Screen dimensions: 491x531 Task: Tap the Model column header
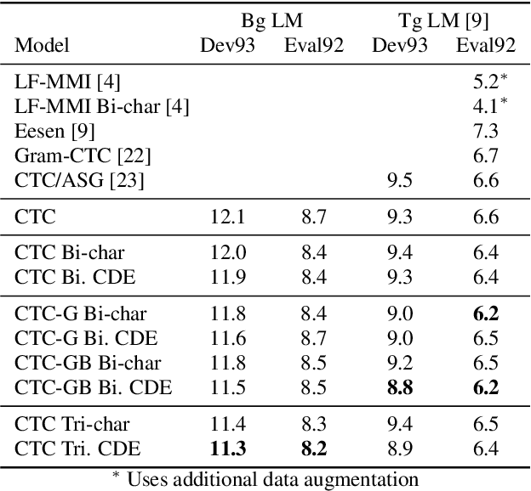pyautogui.click(x=43, y=45)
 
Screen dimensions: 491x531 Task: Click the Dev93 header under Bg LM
pyautogui.click(x=227, y=45)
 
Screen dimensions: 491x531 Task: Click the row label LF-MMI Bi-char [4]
pyautogui.click(x=101, y=106)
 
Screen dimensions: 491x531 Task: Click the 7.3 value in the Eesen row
pyautogui.click(x=485, y=131)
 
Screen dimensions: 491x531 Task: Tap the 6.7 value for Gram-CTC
pyautogui.click(x=485, y=155)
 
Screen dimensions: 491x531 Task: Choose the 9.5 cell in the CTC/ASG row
pyautogui.click(x=400, y=180)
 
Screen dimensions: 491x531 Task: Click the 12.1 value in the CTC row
pyautogui.click(x=227, y=217)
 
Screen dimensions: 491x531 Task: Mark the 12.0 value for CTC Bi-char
pyautogui.click(x=227, y=252)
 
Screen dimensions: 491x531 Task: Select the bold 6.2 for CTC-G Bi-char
pyautogui.click(x=485, y=313)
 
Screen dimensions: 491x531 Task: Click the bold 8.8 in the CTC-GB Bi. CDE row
pyautogui.click(x=400, y=387)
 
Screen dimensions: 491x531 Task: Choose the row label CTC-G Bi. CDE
pyautogui.click(x=92, y=338)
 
